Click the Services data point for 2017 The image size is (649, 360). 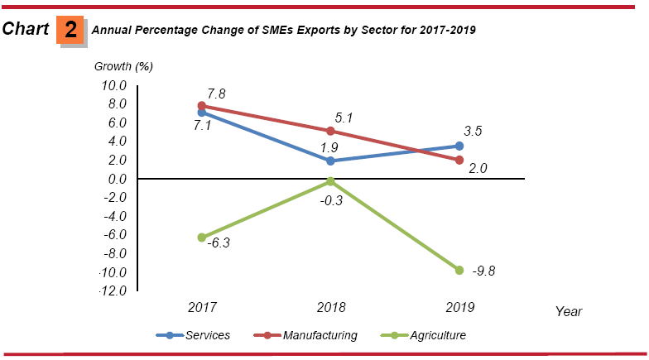202,113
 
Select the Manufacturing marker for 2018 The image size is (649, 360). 331,131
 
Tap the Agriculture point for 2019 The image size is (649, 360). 459,270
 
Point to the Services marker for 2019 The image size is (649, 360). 459,146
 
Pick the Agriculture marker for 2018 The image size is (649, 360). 331,181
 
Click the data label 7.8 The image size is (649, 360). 218,94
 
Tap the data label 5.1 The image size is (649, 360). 344,118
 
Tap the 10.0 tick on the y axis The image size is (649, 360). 113,85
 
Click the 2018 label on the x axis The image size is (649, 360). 331,307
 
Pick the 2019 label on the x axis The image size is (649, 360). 459,307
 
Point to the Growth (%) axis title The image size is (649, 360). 123,66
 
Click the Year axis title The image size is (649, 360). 569,312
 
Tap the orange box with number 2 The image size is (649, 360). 71,31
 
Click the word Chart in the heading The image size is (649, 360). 26,30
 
